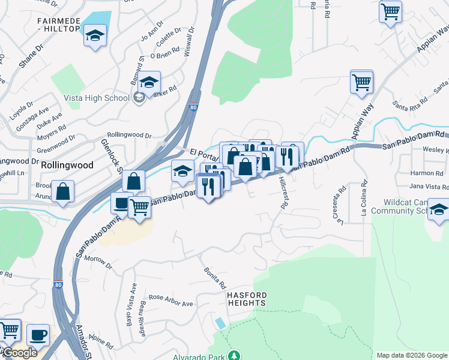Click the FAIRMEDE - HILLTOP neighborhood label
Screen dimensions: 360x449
point(58,25)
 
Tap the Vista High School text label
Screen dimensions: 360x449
point(97,98)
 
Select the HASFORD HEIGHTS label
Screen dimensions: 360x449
point(246,299)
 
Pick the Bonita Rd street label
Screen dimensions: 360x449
point(214,277)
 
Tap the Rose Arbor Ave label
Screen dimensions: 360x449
point(170,301)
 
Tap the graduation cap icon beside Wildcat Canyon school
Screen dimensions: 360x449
point(439,211)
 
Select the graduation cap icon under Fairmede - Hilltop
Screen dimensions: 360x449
point(95,35)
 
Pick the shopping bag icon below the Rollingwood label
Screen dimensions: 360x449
point(62,191)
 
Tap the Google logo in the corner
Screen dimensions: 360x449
point(19,353)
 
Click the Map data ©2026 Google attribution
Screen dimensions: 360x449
point(411,355)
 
